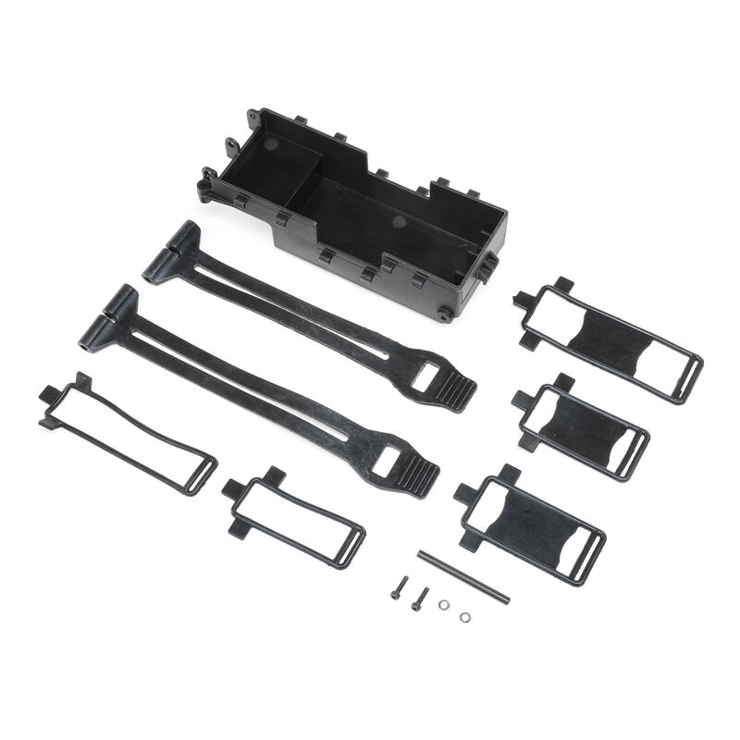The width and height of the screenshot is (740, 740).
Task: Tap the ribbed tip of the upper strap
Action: pyautogui.click(x=455, y=391)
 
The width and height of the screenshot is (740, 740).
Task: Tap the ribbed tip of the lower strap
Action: pyautogui.click(x=417, y=476)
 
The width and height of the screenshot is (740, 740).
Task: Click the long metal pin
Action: pyautogui.click(x=463, y=578)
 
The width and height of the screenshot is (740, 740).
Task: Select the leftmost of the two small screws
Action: pyautogui.click(x=398, y=588)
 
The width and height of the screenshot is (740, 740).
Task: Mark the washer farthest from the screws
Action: pyautogui.click(x=464, y=616)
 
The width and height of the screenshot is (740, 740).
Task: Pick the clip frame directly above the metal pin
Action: pyautogui.click(x=532, y=523)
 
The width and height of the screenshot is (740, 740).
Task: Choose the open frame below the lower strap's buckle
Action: pyautogui.click(x=294, y=518)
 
